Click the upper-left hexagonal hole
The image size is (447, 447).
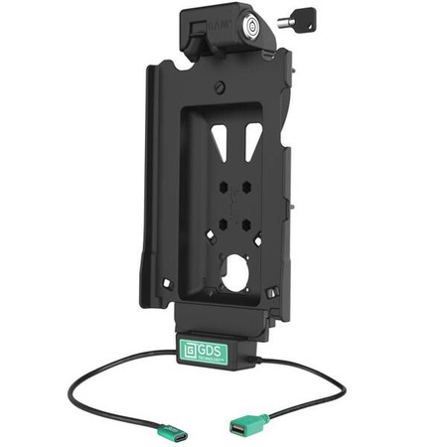[x=222, y=186]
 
